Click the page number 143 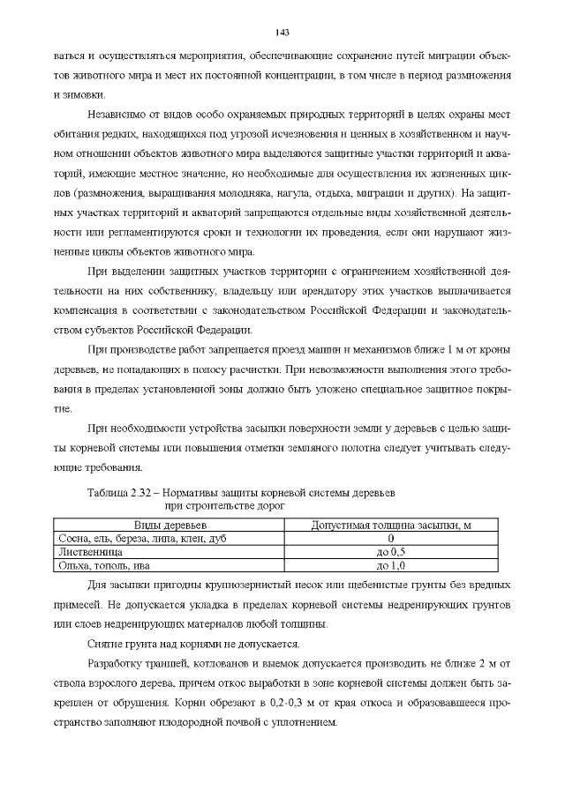coord(282,33)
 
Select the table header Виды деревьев coord(169,526)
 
